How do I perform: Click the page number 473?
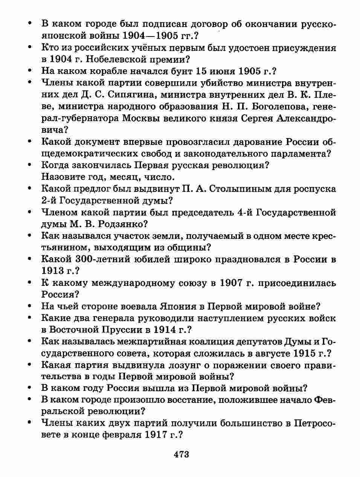pos(181,454)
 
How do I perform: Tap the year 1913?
pos(52,271)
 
